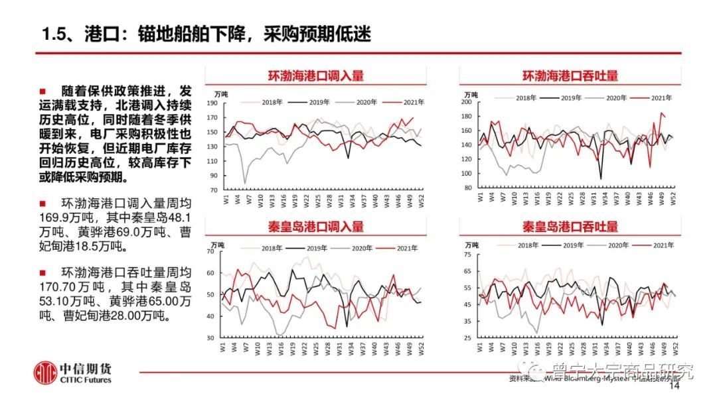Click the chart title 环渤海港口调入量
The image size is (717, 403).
(315, 76)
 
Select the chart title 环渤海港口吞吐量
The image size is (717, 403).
(570, 76)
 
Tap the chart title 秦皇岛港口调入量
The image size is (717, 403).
(315, 226)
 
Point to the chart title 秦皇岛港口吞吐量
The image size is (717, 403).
(570, 226)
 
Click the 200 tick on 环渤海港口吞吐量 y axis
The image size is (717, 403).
(466, 102)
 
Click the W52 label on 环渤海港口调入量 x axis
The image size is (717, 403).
(422, 200)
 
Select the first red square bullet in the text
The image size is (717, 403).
(43, 91)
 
